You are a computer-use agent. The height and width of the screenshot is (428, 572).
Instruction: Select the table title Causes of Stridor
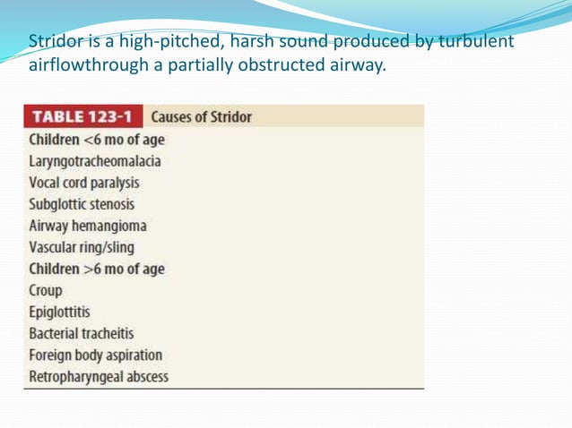pos(202,117)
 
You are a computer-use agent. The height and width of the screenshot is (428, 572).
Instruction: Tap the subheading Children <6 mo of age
pos(97,141)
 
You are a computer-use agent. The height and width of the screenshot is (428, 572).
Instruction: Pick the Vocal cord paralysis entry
pos(84,183)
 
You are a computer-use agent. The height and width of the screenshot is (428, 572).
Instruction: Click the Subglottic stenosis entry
pos(82,204)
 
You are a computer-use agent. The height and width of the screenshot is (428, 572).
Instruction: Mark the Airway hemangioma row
pos(88,226)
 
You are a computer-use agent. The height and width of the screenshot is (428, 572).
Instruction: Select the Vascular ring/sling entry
pos(82,247)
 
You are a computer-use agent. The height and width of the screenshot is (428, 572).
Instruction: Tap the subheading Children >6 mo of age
pos(97,269)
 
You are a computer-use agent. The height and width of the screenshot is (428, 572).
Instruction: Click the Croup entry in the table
pos(46,290)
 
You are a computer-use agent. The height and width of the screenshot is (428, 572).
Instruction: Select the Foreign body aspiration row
pos(95,355)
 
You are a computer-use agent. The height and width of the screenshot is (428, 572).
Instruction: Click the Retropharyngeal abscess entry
pos(99,376)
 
